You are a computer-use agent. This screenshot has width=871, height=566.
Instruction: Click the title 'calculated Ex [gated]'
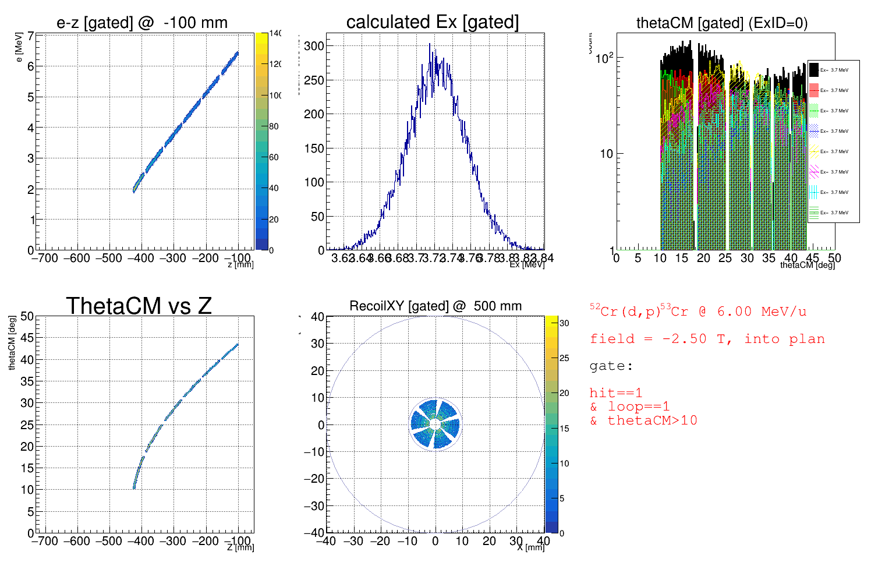tap(432, 22)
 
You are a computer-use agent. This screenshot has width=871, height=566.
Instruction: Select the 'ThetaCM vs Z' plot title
tap(139, 306)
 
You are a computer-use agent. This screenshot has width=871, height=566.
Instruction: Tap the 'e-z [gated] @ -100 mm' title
tap(141, 23)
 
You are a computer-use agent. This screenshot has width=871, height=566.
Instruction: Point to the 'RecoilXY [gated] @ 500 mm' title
tap(436, 306)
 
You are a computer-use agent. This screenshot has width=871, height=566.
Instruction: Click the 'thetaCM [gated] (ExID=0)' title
tap(722, 23)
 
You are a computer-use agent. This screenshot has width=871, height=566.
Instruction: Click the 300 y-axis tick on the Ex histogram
tap(314, 46)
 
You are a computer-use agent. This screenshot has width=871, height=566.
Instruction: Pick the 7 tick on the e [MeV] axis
tap(31, 36)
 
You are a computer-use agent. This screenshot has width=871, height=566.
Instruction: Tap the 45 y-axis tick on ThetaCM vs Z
tap(27, 338)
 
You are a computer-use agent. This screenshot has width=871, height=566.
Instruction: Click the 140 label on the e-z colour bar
tap(275, 33)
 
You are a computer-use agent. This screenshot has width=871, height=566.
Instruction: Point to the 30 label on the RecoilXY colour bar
tap(564, 323)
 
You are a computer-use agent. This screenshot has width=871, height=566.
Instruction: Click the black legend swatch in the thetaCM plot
tap(814, 70)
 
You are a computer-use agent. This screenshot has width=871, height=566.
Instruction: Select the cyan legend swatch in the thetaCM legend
tap(814, 192)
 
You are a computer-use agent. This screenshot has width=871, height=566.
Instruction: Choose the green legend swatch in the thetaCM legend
tap(814, 111)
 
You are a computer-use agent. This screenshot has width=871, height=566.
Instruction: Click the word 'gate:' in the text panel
tap(611, 366)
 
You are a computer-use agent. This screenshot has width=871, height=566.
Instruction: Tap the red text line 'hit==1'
tap(615, 393)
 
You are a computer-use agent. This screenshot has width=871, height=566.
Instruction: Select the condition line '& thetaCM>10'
tap(643, 420)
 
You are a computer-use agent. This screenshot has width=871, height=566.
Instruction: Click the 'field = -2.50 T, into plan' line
tap(707, 339)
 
